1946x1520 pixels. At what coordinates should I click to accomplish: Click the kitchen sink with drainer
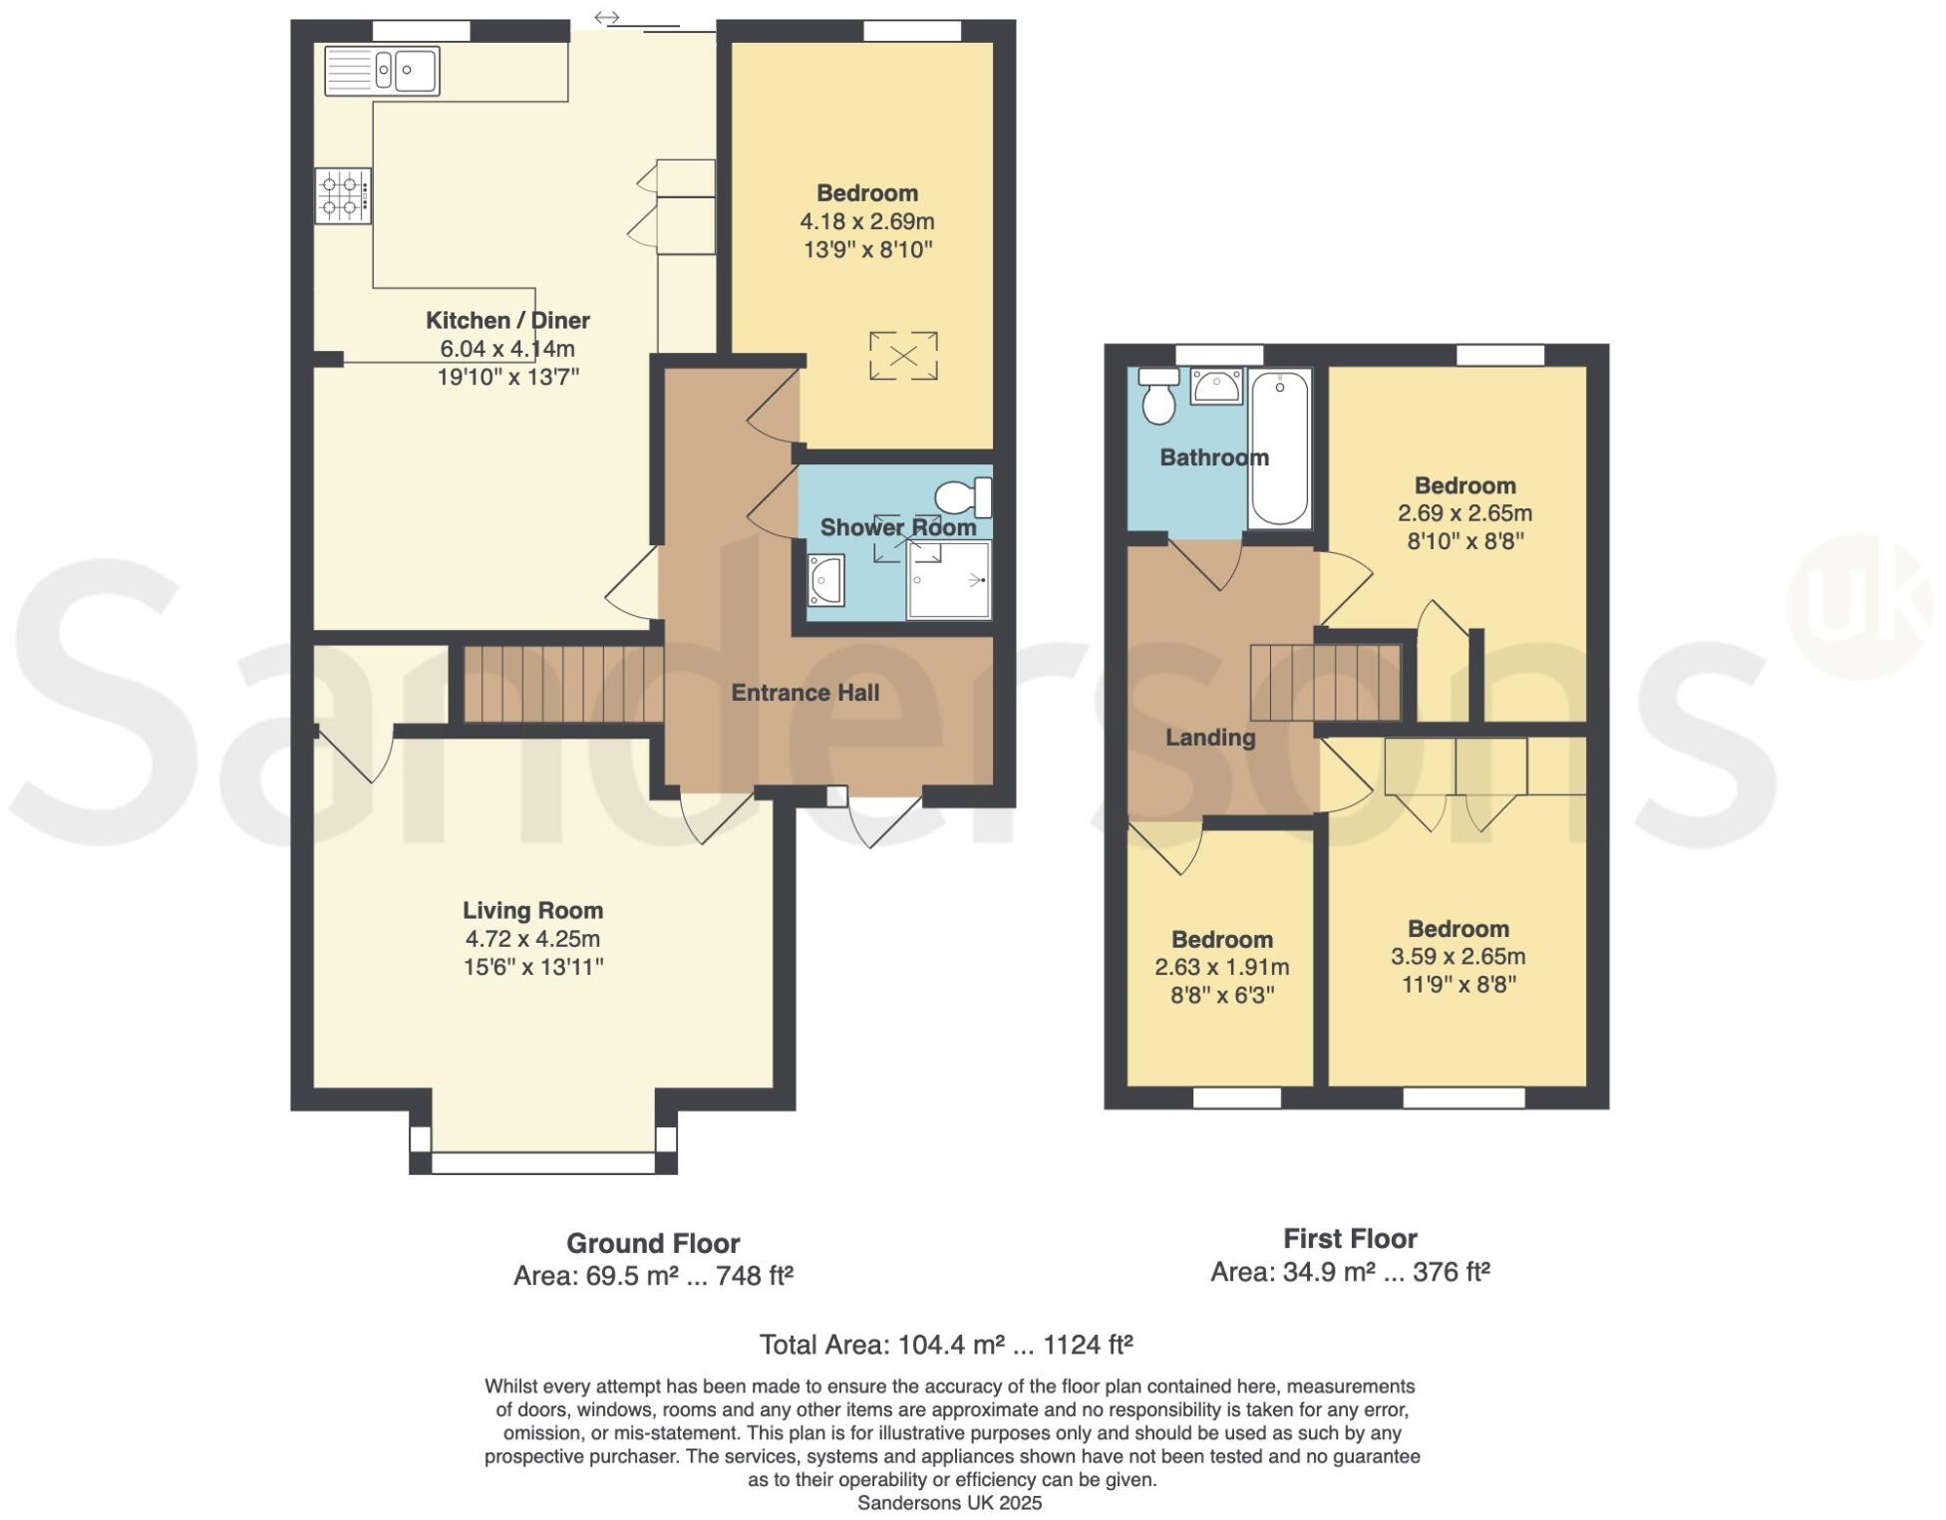[382, 71]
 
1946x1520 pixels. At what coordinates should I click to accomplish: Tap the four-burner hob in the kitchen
[342, 195]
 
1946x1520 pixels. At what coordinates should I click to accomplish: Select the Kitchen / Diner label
[507, 321]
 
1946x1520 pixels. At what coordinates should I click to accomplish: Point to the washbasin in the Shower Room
[826, 580]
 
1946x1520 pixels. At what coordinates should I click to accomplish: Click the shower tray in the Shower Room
[948, 579]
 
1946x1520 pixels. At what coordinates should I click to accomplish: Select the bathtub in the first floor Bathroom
[1279, 449]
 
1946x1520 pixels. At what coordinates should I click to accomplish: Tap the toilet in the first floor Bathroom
[1158, 396]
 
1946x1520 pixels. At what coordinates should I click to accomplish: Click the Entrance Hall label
[805, 693]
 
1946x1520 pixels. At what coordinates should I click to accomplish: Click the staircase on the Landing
[1326, 683]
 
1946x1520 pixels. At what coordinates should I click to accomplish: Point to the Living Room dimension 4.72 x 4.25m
[532, 939]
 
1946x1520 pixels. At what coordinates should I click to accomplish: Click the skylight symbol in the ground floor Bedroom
[903, 356]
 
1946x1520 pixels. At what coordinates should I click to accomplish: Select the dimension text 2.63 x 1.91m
[1221, 967]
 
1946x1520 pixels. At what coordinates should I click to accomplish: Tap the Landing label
[1210, 738]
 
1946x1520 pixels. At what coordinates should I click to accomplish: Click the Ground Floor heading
[653, 1244]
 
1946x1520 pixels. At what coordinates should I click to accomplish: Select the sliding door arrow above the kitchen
[606, 17]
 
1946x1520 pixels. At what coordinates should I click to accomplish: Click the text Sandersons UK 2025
[949, 1503]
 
